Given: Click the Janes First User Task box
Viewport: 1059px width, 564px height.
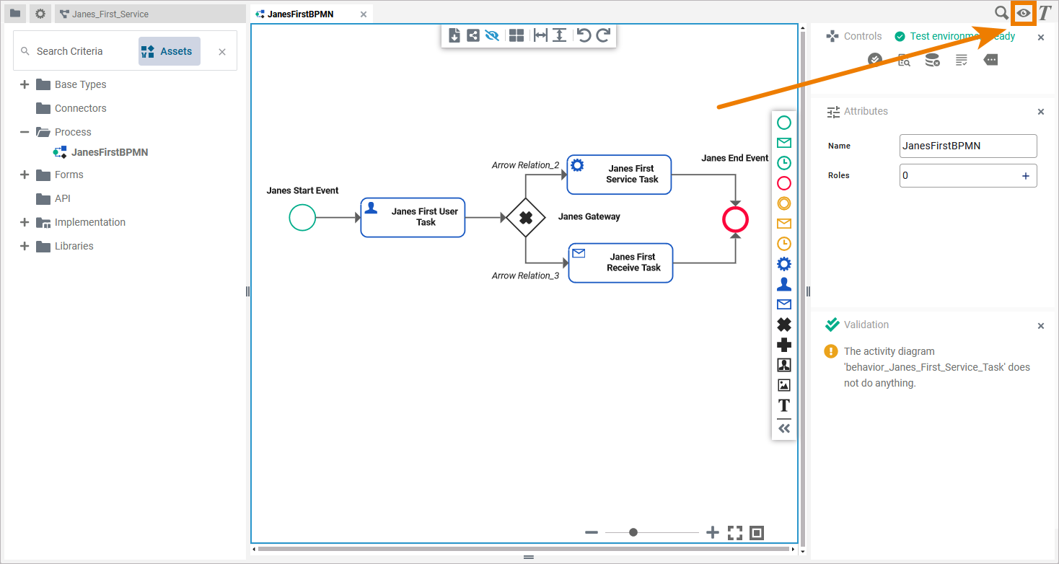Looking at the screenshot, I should (413, 217).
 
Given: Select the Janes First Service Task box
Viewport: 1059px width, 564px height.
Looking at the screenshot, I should (619, 175).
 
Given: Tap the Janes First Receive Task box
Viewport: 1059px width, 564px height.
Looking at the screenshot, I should (620, 263).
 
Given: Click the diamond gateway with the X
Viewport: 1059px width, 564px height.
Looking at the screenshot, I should (526, 217).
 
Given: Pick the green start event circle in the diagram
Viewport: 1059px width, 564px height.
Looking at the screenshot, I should (302, 217).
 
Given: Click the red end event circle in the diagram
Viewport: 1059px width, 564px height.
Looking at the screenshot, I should (735, 219).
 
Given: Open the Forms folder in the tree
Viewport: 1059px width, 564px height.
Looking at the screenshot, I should (69, 175).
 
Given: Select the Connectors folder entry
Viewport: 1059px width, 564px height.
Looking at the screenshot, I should (80, 108).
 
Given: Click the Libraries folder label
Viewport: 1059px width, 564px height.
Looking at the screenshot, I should (74, 246).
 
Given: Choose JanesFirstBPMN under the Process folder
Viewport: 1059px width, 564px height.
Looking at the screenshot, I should (109, 152).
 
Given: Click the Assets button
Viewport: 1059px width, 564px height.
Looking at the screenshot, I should (169, 51).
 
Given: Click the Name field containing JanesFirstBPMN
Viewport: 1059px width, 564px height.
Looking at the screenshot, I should (967, 146).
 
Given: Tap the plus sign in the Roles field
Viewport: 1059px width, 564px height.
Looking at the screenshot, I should (1025, 176).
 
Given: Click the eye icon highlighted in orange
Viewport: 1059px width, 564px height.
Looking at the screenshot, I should (1023, 13).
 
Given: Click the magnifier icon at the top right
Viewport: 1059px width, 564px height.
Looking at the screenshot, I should (1001, 13).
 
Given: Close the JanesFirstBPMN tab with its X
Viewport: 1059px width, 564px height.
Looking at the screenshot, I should (364, 14).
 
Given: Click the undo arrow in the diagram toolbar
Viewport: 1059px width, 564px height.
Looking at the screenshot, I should (584, 35).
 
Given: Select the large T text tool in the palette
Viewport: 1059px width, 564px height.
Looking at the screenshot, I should (783, 405).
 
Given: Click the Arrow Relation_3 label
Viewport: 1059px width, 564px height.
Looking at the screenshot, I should (525, 276).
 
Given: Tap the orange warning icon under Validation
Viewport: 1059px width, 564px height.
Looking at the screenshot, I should (831, 351).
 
